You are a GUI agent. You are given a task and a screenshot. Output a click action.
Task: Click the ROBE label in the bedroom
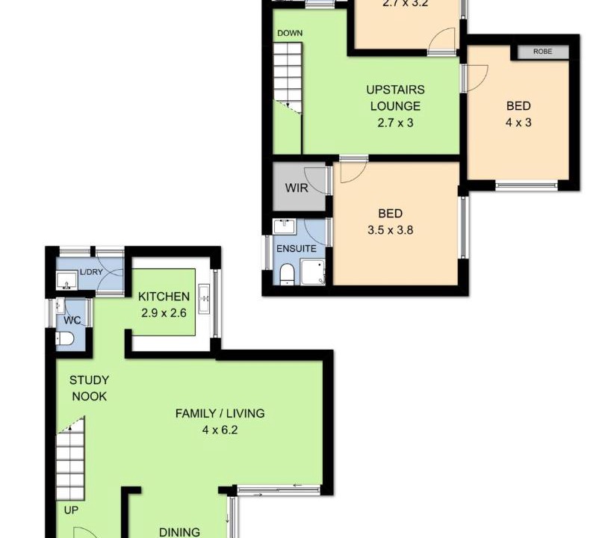coord(542,52)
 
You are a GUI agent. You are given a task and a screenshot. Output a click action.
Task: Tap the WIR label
coord(297,188)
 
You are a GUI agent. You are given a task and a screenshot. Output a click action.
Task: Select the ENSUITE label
coord(297,249)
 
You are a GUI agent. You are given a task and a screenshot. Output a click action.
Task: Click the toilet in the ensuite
coord(287,274)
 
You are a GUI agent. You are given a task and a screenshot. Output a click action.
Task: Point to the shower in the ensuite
coord(313,272)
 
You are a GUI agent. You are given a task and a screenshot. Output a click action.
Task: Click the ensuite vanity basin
coord(285,226)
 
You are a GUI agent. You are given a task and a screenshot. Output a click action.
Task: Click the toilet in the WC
coord(65,338)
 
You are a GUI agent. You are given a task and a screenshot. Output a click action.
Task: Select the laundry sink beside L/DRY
coord(66,280)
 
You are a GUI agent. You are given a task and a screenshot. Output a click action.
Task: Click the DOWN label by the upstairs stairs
coord(290,33)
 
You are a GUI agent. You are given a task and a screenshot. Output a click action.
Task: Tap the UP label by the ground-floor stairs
coord(71,510)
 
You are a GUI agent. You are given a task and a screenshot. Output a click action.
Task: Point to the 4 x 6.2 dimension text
coord(220,430)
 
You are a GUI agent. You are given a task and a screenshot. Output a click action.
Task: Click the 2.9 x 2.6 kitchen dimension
coord(164,312)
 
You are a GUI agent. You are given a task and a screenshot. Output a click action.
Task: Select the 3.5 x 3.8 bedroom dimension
coord(391,230)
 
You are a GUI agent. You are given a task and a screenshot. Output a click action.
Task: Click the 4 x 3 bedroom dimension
coord(518,123)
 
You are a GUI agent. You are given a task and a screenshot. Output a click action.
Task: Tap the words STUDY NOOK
coord(89,389)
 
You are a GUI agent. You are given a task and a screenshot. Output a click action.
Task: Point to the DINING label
coord(179,532)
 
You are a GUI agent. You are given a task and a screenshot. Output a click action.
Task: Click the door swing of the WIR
coord(317,179)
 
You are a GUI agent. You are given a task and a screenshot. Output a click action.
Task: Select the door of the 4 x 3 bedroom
coord(477,78)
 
